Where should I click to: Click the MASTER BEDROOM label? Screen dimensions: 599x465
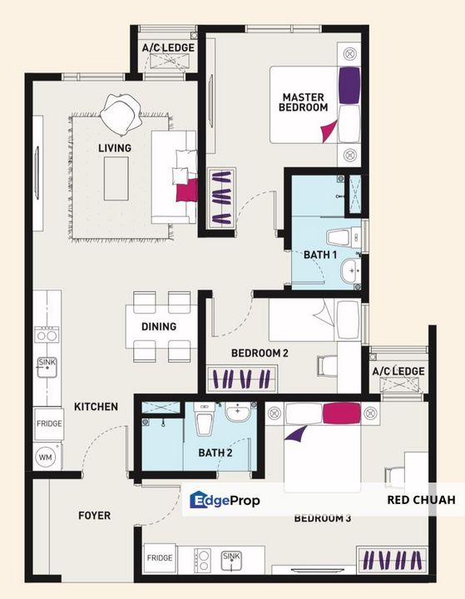[304, 101]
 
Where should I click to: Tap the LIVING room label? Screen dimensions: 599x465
[115, 148]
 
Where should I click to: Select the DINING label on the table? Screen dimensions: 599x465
[158, 326]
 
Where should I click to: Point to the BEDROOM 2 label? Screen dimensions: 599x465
[260, 354]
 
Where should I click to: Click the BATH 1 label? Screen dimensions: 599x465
[320, 255]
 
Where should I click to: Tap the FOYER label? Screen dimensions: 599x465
[94, 516]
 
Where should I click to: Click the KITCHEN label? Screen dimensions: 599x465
[96, 407]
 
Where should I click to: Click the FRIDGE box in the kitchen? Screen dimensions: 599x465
[48, 423]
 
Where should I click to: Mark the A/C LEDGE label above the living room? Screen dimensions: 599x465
[168, 48]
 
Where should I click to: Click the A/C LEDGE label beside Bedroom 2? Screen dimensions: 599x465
[398, 371]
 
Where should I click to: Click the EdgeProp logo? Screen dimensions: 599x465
[225, 500]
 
